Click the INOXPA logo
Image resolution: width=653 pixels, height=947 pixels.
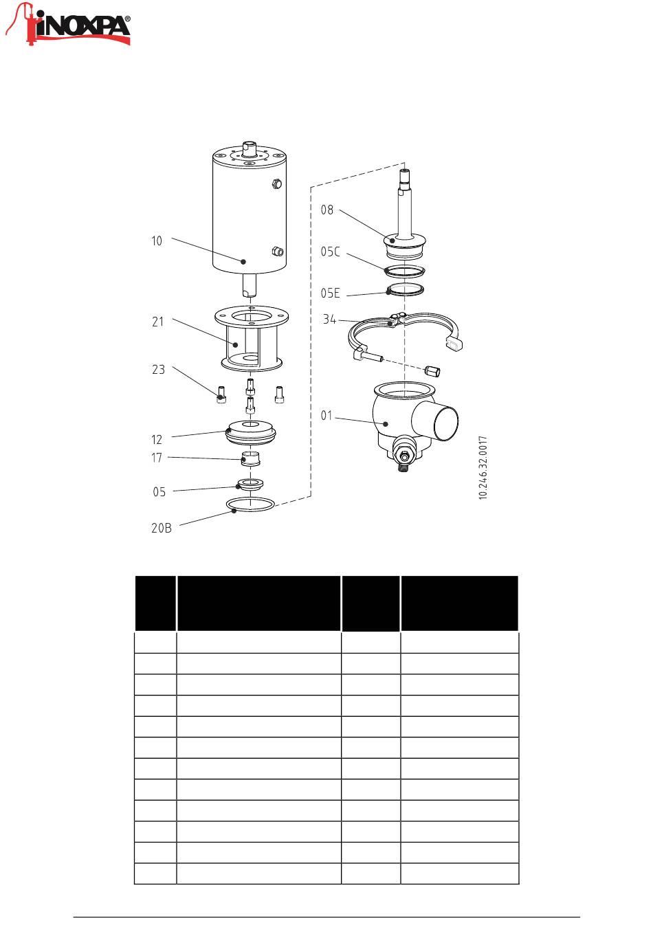tap(67, 25)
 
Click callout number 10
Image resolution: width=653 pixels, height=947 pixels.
tap(157, 241)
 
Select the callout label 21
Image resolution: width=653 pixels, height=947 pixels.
tap(158, 322)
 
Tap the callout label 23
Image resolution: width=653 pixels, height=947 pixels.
tap(158, 370)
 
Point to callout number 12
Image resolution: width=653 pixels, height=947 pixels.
tap(157, 440)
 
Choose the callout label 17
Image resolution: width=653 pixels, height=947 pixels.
tap(157, 458)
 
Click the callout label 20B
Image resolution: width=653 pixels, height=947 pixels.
tap(162, 528)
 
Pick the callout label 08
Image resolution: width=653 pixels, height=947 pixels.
tap(327, 210)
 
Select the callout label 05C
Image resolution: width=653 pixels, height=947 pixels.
tap(331, 252)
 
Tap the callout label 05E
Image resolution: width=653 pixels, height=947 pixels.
tap(331, 293)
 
